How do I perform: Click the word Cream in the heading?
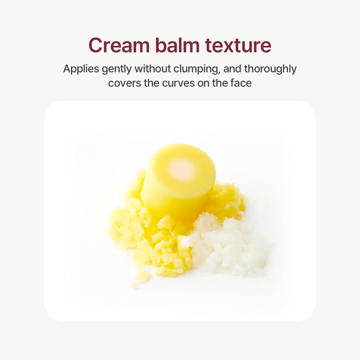point(119,45)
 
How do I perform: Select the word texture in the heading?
point(238,46)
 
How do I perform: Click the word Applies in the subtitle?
point(81,69)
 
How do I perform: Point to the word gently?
point(117,69)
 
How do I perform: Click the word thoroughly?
point(270,69)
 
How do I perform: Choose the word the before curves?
point(152,83)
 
